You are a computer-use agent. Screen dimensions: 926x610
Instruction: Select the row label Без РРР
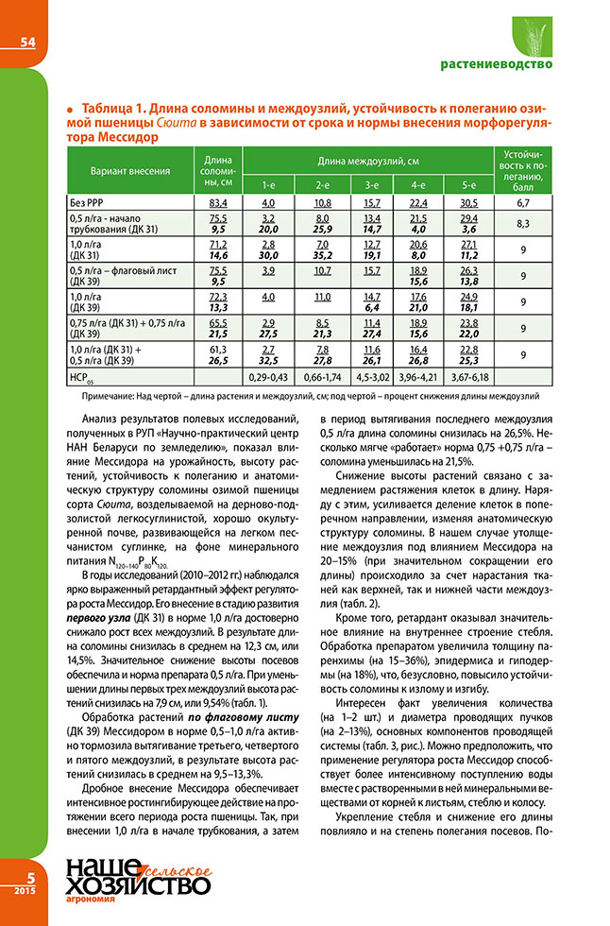(x=87, y=202)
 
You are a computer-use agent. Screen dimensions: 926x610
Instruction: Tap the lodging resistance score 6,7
(x=528, y=202)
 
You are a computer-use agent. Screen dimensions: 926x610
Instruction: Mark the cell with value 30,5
(x=468, y=202)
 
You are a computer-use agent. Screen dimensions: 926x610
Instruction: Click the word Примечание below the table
(x=95, y=396)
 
